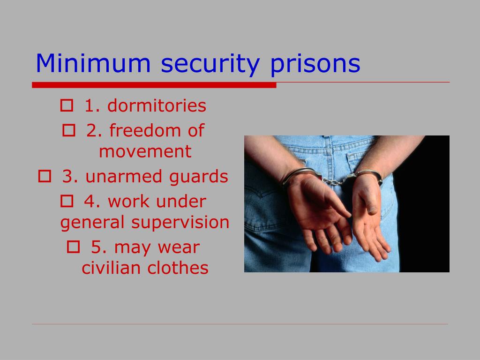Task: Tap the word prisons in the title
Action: click(315, 65)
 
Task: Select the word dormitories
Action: click(157, 106)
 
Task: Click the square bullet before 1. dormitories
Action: click(66, 106)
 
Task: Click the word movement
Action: click(145, 151)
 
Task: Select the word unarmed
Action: click(116, 177)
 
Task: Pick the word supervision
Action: click(180, 222)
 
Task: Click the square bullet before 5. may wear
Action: click(73, 247)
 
